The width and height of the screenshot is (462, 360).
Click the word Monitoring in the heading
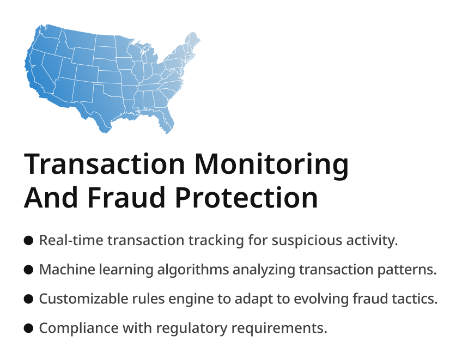271,165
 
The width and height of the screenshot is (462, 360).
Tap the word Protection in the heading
246,197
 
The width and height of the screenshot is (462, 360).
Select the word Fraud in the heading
126,197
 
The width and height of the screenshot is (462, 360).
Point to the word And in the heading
51,197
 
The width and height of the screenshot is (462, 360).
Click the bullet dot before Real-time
28,240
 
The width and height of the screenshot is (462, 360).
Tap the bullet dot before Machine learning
28,270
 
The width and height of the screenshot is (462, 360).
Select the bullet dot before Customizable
28,299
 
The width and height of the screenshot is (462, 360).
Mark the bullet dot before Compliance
28,328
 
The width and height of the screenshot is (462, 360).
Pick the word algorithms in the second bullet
193,270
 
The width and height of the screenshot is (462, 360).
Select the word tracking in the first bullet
216,241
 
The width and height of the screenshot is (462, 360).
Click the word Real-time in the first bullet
71,240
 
